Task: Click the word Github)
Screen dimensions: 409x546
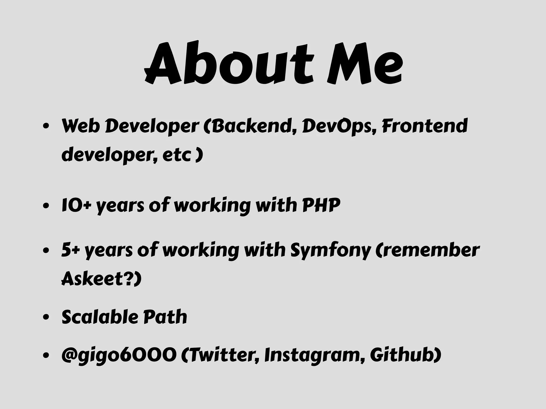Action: click(406, 355)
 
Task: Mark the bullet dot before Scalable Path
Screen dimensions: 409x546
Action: click(46, 317)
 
